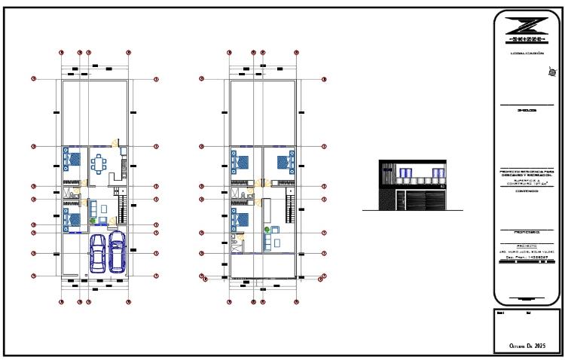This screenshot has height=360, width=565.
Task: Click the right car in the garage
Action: coord(117,251)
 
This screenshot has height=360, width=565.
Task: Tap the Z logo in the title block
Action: coord(527,24)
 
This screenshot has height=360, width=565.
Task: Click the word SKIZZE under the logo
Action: coord(527,39)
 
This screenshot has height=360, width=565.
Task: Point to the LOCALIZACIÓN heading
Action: coord(527,53)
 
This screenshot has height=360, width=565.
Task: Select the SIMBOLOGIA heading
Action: coord(527,110)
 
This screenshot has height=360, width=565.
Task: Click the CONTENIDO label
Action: coord(527,191)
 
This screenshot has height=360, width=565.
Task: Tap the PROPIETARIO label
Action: coord(527,232)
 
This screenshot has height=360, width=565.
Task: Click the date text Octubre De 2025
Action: coord(527,346)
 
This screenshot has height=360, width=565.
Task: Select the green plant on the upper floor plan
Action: coord(265,228)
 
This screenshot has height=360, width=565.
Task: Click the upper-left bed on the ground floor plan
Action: coord(74,160)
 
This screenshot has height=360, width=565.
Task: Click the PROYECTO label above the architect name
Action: coord(527,246)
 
